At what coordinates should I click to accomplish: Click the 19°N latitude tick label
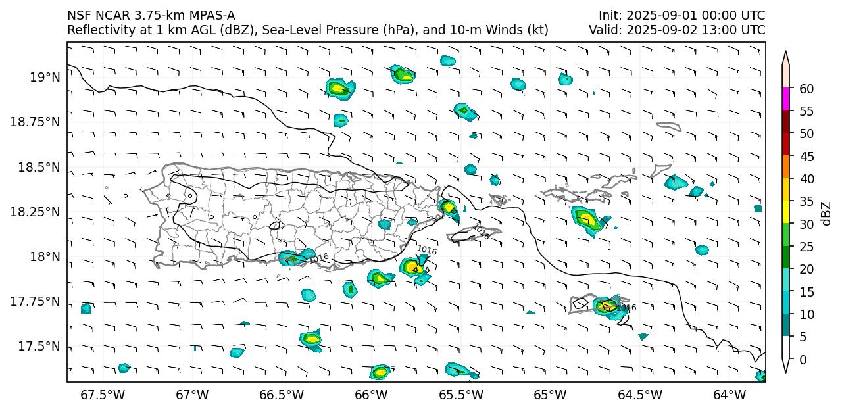45,78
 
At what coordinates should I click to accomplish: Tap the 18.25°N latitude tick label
39,212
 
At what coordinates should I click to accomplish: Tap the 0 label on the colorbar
803,360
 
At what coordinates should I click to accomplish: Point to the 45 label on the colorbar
806,157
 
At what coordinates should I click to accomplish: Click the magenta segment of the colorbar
785,100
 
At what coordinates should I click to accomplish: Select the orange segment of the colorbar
785,167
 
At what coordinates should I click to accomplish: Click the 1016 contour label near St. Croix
626,308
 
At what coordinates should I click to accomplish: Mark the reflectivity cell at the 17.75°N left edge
86,308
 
